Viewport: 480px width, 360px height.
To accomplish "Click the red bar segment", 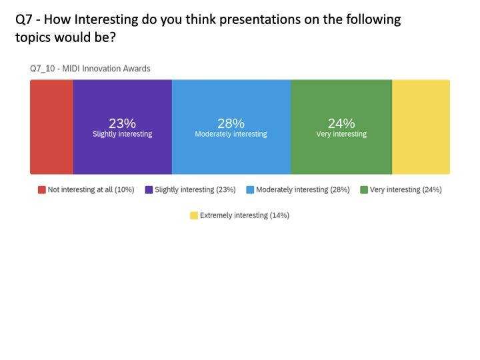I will click(51, 127).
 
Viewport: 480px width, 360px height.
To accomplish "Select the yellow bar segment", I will click(421, 127).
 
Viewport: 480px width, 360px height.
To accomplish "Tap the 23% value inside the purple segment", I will click(122, 123).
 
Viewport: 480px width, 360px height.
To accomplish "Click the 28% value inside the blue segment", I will click(231, 123).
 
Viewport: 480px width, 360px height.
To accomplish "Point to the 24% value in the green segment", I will click(341, 123).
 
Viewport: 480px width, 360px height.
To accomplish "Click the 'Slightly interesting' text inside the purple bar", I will click(122, 134).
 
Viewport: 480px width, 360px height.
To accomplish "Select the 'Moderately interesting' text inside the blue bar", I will click(231, 134).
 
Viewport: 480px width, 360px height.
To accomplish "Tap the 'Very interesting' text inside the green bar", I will click(341, 134).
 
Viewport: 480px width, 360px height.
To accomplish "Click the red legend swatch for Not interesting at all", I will click(41, 190).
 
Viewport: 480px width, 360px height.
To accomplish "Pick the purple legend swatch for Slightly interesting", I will click(149, 190).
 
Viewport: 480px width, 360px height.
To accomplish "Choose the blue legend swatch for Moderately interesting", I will click(250, 190).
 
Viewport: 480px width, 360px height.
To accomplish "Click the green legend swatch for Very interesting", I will click(364, 190).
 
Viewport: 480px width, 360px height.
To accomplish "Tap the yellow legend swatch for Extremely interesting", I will click(194, 215).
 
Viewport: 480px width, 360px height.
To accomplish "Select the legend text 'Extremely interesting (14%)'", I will click(244, 215).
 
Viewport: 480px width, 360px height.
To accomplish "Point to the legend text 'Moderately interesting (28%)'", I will click(303, 190).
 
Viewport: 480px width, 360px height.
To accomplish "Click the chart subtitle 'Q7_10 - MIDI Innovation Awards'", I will click(90, 69).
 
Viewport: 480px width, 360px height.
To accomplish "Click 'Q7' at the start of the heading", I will click(24, 19).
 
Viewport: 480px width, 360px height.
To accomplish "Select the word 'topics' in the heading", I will click(34, 37).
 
